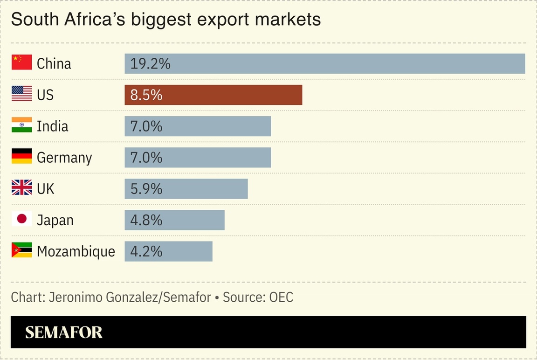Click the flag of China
pos(21,62)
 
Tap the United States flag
pos(21,94)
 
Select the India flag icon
pos(21,125)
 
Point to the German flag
pos(21,156)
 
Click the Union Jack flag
pos(21,187)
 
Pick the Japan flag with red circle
pos(21,219)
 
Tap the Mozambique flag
pos(21,250)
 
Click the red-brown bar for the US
pos(213,95)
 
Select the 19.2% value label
pos(150,63)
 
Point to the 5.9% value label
pos(146,189)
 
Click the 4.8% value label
pos(146,220)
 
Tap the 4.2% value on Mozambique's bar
pos(146,251)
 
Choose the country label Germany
pos(64,158)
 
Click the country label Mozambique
pos(76,252)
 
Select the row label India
pos(52,126)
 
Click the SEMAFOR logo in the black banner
pos(64,332)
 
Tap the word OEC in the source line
pos(281,298)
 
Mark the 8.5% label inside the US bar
pos(146,95)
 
